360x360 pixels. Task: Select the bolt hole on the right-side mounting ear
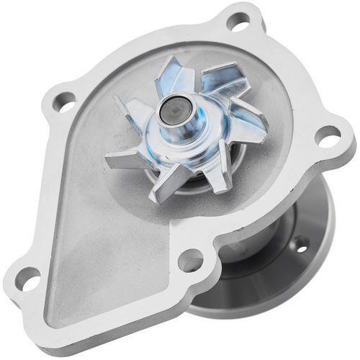tap(327, 135)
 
